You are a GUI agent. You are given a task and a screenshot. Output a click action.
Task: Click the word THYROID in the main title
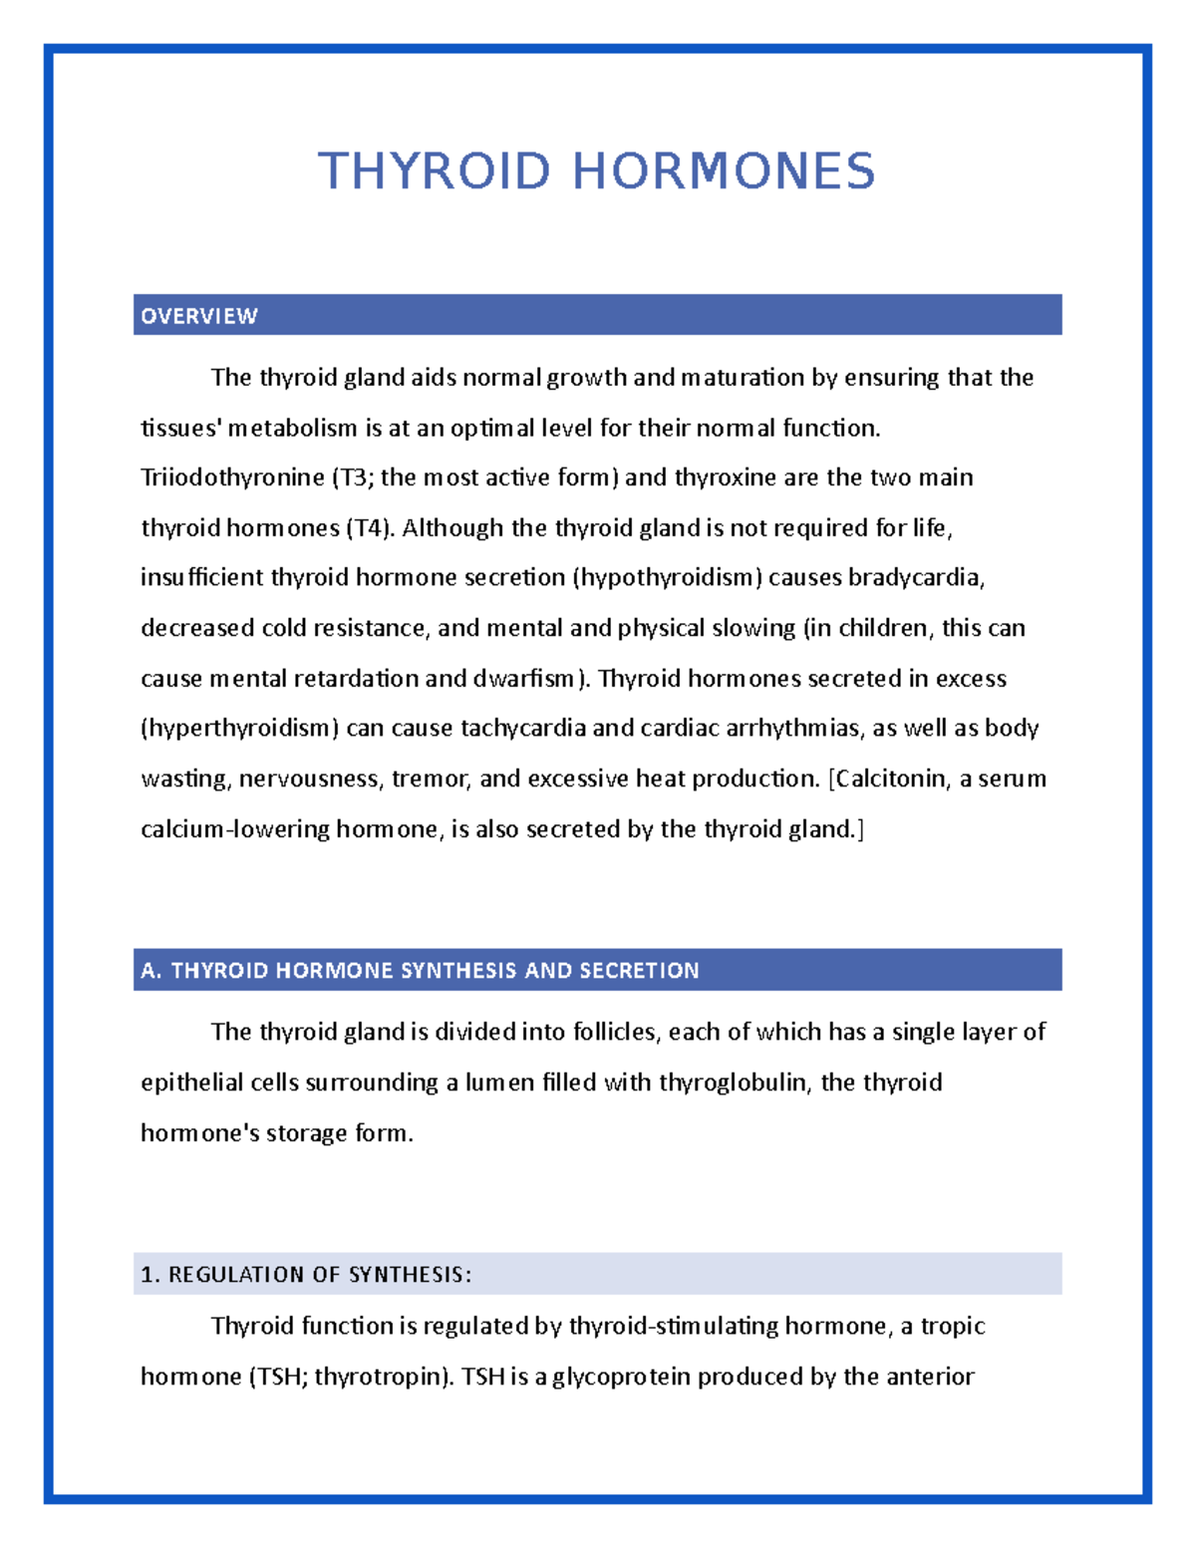click(434, 170)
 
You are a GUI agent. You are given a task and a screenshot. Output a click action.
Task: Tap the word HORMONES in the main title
click(724, 170)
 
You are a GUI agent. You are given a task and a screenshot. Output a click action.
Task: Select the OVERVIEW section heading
click(199, 316)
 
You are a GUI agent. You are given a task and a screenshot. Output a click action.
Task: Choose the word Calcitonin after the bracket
click(891, 778)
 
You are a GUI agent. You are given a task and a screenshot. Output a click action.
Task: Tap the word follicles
click(616, 1032)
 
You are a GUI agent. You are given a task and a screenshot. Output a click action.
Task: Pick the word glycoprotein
click(621, 1377)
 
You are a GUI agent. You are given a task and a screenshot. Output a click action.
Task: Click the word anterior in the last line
click(929, 1377)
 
